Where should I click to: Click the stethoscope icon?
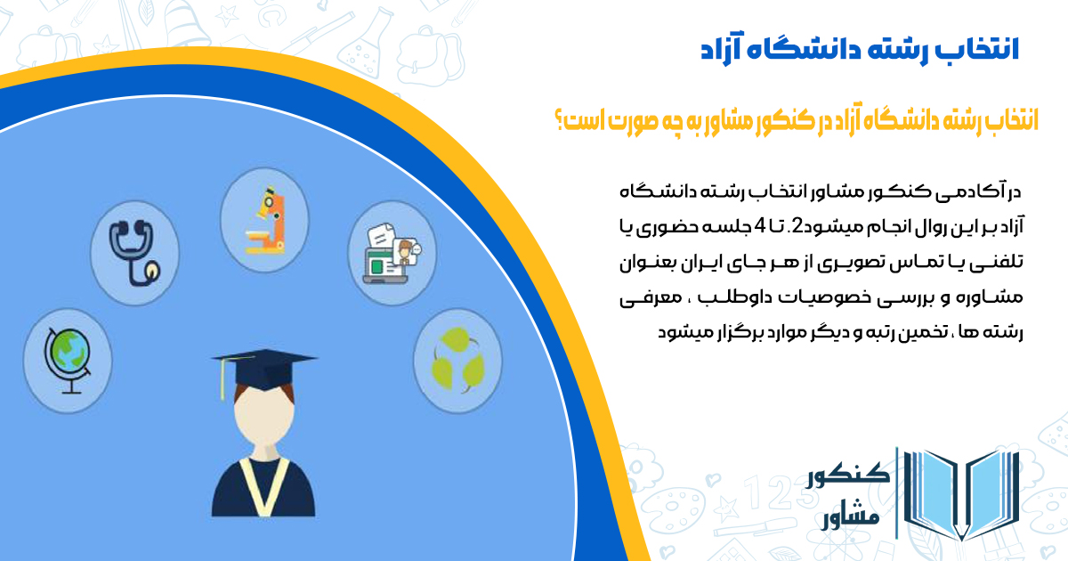135,253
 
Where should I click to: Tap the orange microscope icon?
265,220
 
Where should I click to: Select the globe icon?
68,361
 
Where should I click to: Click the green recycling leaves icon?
457,359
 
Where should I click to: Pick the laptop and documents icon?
392,254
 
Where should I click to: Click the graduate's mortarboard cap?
264,370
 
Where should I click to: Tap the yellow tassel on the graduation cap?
222,379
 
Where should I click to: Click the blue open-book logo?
961,495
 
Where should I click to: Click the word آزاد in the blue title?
721,51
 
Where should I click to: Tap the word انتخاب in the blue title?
983,50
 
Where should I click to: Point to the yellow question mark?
559,119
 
